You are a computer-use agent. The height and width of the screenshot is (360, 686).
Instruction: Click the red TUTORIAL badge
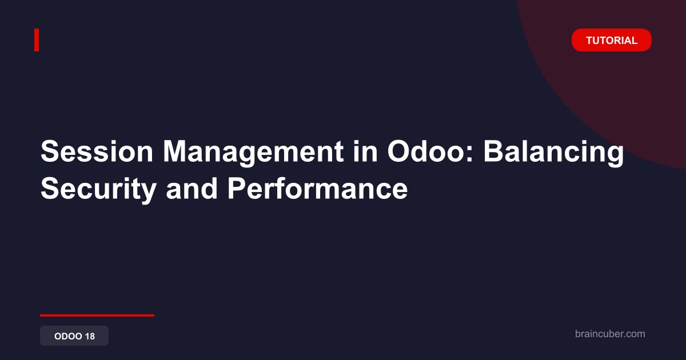(x=612, y=40)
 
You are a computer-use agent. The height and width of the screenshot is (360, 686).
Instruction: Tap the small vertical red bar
(x=37, y=40)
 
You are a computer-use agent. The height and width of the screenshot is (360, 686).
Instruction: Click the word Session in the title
(x=97, y=151)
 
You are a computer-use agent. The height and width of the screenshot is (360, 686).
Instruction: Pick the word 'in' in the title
(x=365, y=151)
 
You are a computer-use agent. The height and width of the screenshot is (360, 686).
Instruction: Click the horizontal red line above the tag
(x=97, y=315)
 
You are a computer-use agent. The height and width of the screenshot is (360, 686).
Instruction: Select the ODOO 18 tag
(x=74, y=336)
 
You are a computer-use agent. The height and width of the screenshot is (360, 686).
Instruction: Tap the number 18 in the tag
(x=90, y=336)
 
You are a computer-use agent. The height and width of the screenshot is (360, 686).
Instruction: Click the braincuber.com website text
(x=610, y=334)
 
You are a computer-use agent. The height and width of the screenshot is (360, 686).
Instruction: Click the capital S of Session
(x=50, y=151)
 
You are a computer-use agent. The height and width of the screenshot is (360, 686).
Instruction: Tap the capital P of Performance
(x=237, y=188)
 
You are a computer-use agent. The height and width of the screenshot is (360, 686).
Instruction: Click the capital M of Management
(x=175, y=151)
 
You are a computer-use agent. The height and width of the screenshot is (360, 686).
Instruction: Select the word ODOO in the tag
(x=68, y=336)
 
